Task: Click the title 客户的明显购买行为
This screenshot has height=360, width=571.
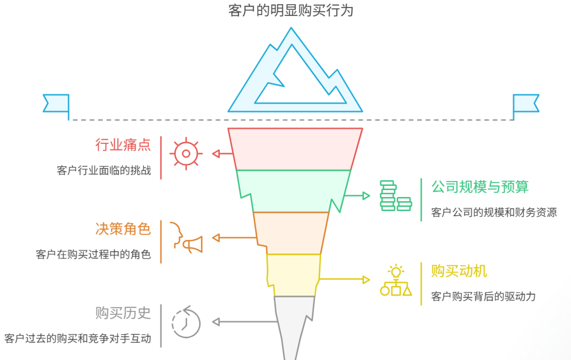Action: point(291,10)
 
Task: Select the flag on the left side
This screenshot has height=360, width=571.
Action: point(57,103)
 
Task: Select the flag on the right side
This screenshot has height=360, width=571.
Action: point(525,103)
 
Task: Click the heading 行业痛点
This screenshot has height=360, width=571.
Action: point(123,145)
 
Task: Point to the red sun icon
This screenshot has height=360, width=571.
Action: point(186,153)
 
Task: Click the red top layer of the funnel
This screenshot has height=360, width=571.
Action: point(295,149)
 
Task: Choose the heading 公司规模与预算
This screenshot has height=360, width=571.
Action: point(480,187)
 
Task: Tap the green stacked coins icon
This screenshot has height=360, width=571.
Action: point(395,196)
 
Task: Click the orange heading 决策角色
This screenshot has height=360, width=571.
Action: point(123,229)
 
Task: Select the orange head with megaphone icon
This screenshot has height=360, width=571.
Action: point(186,237)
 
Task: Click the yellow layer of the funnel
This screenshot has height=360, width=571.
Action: point(293,274)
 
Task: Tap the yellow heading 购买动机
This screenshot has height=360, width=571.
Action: point(459,271)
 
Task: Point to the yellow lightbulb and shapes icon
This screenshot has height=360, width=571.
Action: point(395,280)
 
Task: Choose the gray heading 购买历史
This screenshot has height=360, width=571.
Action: point(123,313)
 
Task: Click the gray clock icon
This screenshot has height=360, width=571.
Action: point(186,322)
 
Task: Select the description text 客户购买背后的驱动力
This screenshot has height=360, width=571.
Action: point(483,297)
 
